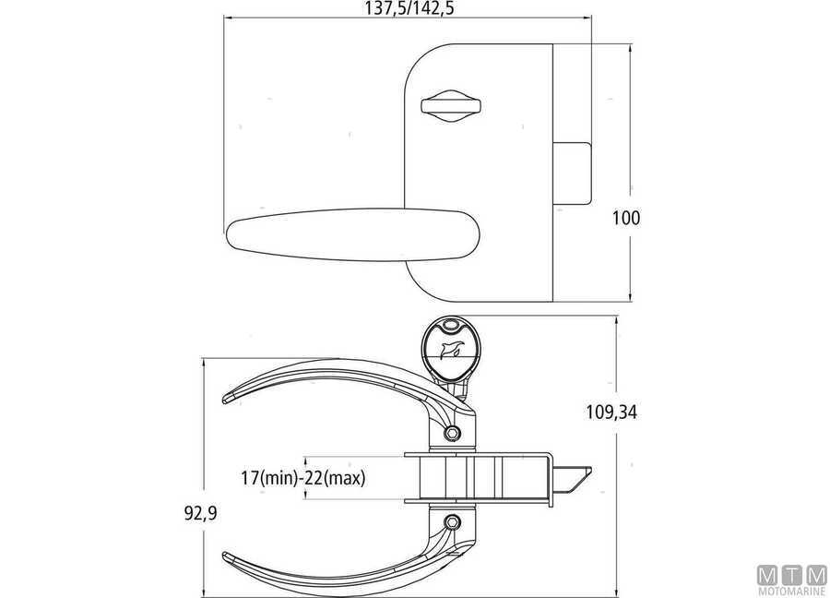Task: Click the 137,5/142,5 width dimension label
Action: click(x=409, y=8)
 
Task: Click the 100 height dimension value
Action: click(x=626, y=218)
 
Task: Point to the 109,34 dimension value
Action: click(x=612, y=412)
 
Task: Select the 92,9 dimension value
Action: click(x=201, y=513)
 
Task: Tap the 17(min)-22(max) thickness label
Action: click(x=303, y=478)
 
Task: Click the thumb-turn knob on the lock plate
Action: click(x=450, y=105)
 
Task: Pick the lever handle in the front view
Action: click(x=353, y=234)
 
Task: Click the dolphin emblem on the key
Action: click(x=450, y=350)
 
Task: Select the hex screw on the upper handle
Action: click(x=453, y=434)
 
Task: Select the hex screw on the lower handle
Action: click(x=453, y=521)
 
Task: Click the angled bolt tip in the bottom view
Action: click(x=574, y=479)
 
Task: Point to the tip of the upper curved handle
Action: click(x=224, y=400)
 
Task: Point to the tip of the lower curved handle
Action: click(x=224, y=556)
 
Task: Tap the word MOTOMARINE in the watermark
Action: click(x=792, y=592)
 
